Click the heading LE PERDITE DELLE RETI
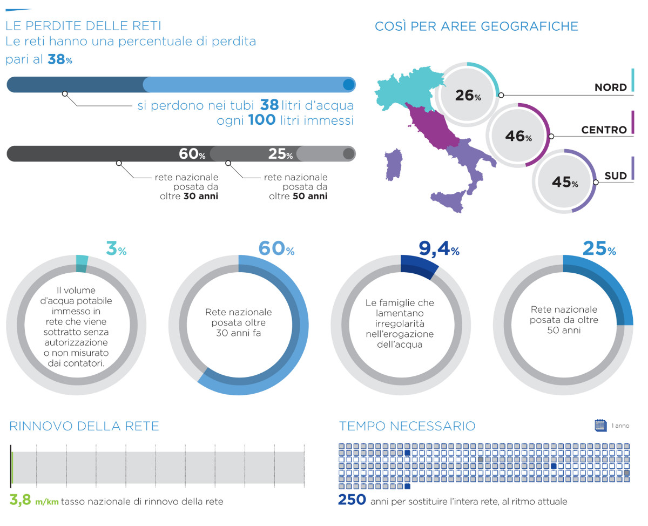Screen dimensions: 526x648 click(83, 25)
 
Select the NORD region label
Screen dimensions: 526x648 click(610, 87)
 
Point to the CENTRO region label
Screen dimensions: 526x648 click(604, 130)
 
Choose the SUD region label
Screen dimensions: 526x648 click(616, 176)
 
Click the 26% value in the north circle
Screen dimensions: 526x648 click(468, 96)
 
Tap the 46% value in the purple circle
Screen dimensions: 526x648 click(518, 136)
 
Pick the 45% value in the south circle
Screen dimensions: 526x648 click(564, 183)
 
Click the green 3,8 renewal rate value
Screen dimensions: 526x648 click(21, 500)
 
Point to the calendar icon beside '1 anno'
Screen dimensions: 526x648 click(600, 426)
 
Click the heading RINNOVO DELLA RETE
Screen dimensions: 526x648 click(84, 426)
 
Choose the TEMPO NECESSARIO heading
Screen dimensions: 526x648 click(407, 426)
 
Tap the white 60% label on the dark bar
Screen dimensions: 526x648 click(192, 154)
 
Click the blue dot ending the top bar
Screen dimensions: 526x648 click(348, 84)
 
